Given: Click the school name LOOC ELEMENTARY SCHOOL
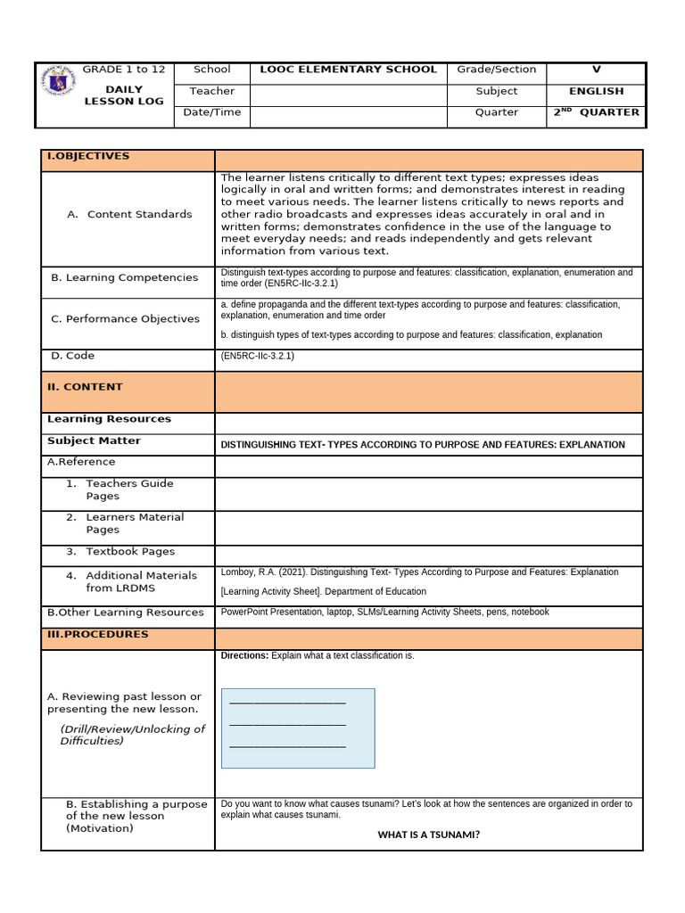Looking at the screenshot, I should tap(348, 70).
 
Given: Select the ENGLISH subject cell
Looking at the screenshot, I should tap(596, 91).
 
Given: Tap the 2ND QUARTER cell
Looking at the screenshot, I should tap(596, 112).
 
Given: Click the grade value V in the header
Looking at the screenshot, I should tap(596, 70).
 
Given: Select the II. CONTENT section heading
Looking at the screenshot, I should tap(85, 387).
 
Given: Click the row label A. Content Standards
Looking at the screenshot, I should tap(130, 214).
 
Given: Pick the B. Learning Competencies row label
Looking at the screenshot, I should tap(124, 277).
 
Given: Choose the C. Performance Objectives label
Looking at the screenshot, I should tap(125, 319).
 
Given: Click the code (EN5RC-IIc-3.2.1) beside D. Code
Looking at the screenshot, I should tap(257, 356).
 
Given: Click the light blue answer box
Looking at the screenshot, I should tap(298, 728).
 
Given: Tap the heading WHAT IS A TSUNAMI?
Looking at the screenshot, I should tap(429, 835).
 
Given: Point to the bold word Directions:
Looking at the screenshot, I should tap(244, 656).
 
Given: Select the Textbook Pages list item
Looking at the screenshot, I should tap(130, 552).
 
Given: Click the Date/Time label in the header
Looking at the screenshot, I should tap(211, 112).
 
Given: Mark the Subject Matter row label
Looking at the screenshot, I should tap(94, 441).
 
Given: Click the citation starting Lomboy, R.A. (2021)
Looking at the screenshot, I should tap(419, 572).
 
